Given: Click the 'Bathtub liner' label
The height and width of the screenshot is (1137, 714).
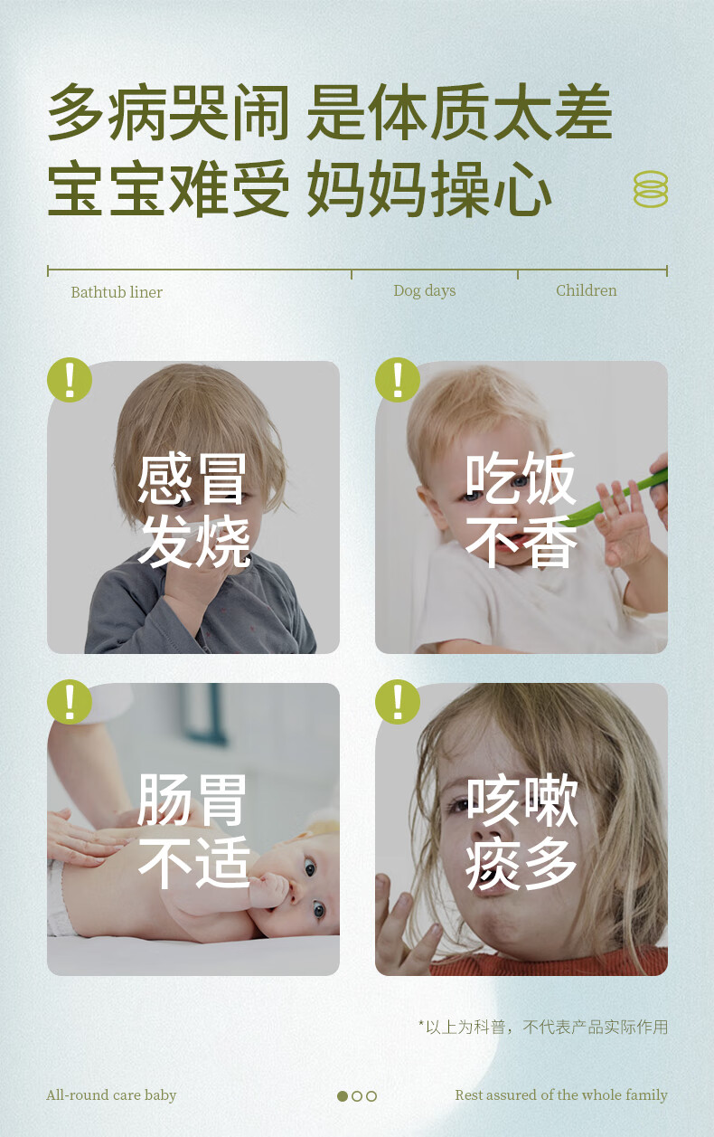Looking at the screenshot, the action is point(117,292).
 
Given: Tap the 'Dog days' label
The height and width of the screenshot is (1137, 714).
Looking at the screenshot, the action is point(425,291).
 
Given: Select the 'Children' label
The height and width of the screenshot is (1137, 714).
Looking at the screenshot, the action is point(587,290).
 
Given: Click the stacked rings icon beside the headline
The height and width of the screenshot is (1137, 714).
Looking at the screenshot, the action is point(651,189).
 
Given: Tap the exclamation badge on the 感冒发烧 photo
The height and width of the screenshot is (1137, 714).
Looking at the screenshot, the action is point(70,380).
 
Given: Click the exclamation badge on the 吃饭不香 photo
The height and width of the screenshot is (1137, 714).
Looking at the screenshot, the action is point(398,380).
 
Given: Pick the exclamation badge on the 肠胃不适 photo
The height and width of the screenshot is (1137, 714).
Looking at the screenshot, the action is point(70,702).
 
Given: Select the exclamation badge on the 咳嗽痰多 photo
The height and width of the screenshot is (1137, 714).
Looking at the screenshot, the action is point(398,702).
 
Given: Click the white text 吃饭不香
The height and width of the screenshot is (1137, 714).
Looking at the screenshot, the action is point(521,509).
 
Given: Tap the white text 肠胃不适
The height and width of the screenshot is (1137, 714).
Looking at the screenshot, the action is point(193,831).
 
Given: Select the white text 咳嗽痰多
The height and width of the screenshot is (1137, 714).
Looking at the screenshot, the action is point(521,831).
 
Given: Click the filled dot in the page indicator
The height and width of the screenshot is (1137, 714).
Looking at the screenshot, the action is point(343,1096).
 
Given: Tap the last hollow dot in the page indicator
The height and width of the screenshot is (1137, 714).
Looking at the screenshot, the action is point(371,1096).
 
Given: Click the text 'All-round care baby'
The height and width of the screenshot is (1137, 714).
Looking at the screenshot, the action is point(111,1095).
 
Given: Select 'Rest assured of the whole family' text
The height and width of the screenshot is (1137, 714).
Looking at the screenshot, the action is point(561,1095).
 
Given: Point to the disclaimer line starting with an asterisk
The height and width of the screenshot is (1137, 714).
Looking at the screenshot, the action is point(543,1027).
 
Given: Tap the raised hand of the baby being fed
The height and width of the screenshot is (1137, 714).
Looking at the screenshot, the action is point(624,523).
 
